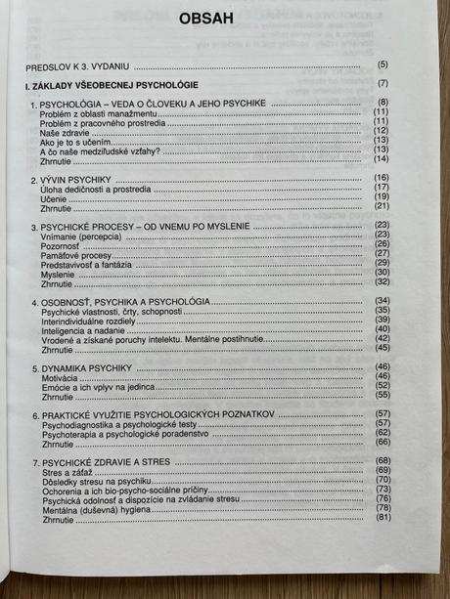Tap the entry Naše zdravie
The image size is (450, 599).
(x=64, y=131)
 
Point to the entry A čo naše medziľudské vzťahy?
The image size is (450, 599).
(x=100, y=150)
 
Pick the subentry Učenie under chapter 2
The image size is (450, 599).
(x=56, y=197)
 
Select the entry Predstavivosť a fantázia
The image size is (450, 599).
(x=90, y=263)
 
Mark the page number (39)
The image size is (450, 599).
(x=382, y=320)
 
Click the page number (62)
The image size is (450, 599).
(x=382, y=433)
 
